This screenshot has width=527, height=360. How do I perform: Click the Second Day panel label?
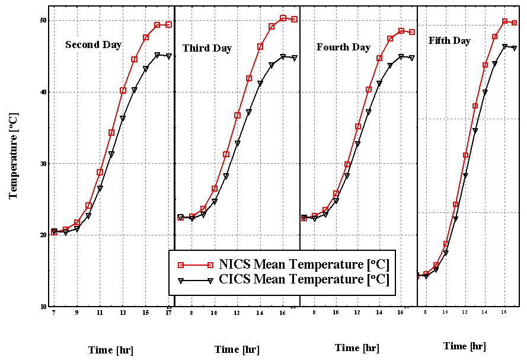tap(93, 44)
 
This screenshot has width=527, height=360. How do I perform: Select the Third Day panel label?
tap(207, 48)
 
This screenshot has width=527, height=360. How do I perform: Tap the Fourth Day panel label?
tap(343, 47)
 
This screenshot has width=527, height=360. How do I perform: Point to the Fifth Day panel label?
tap(449, 41)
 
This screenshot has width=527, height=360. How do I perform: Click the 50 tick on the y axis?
tap(43, 21)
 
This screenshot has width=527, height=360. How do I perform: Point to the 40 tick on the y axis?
tap(43, 92)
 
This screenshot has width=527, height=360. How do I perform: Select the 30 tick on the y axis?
tap(43, 164)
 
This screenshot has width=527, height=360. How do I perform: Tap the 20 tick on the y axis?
tap(43, 235)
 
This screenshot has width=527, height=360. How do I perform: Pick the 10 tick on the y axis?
tap(43, 307)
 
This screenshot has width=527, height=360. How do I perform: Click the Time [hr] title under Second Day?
tap(111, 350)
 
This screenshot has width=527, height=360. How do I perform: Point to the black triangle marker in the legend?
tap(210, 281)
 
